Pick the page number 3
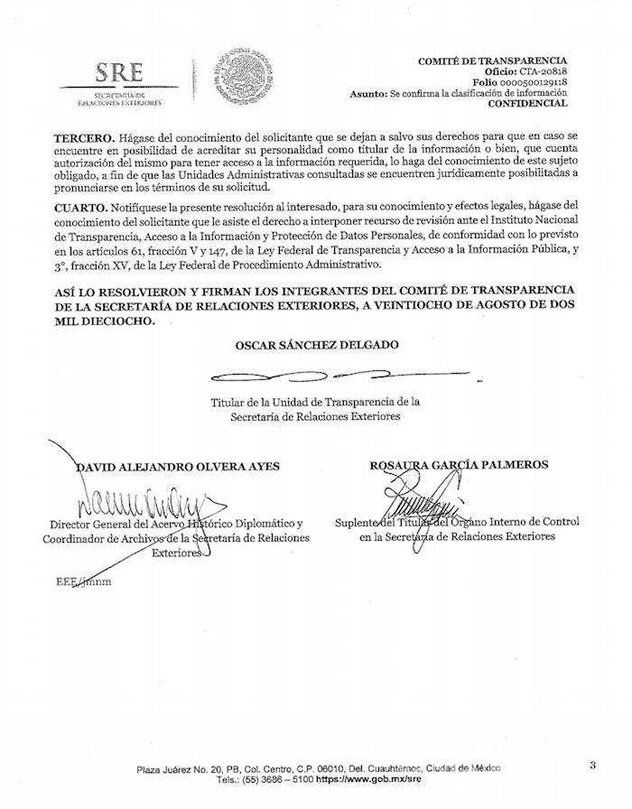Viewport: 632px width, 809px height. click(x=592, y=766)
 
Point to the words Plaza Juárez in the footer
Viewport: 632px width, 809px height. click(x=164, y=768)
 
